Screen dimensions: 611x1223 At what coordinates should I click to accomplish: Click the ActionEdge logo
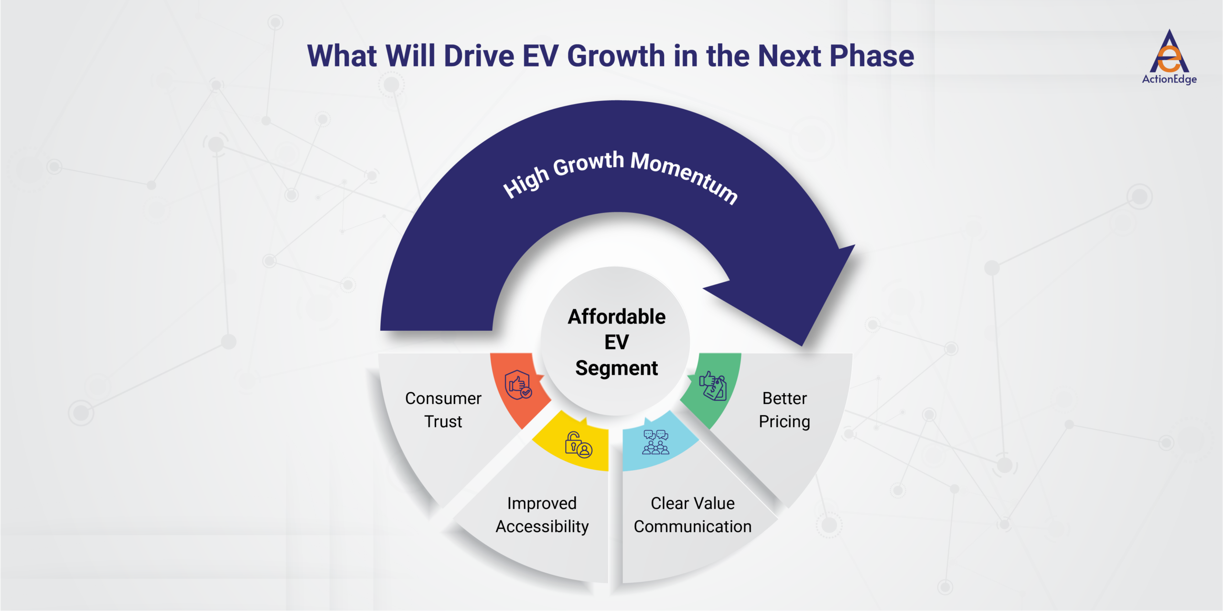point(1169,57)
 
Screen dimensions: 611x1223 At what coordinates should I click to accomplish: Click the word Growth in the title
point(616,56)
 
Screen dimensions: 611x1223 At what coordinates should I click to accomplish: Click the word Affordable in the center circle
point(616,316)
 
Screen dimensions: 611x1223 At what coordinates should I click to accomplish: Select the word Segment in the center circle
point(616,368)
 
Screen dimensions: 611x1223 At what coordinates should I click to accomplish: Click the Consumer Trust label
point(443,410)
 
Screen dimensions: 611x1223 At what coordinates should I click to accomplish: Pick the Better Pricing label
point(784,410)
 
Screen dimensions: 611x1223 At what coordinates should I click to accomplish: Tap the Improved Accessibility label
point(542,515)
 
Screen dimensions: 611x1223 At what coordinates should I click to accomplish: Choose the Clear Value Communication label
point(692,515)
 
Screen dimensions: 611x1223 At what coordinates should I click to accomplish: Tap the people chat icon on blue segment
point(655,442)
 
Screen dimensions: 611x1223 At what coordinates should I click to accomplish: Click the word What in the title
point(342,56)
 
